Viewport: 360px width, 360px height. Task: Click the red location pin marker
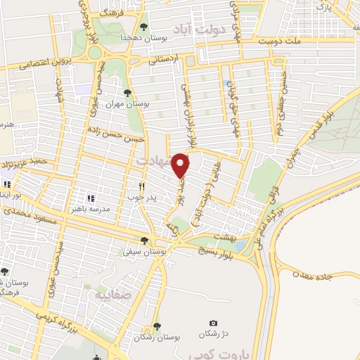182,165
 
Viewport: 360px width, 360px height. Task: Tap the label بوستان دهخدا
136,37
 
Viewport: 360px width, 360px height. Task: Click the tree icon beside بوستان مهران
127,92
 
